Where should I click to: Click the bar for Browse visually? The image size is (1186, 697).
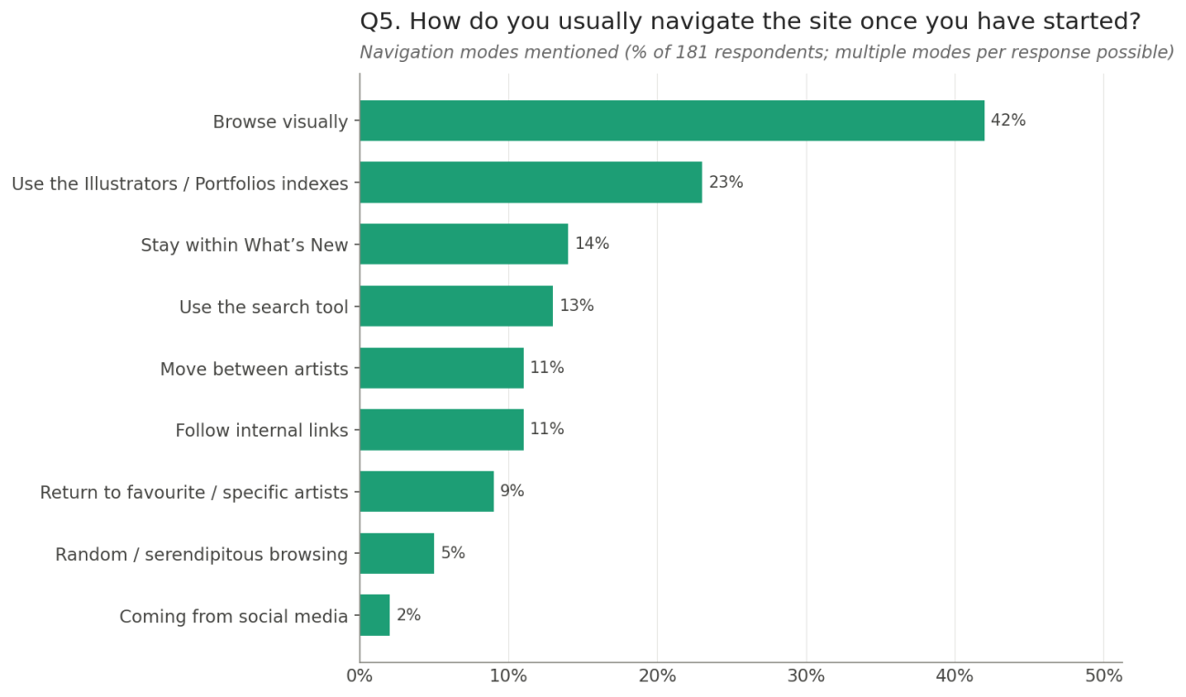(671, 120)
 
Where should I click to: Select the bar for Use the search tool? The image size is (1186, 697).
(456, 307)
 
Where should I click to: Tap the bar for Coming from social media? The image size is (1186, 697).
(375, 615)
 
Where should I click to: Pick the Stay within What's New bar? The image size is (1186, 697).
(463, 244)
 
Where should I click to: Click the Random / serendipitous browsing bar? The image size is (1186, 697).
(397, 554)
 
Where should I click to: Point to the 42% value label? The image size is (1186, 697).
(1008, 120)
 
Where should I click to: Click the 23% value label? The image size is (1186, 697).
(726, 182)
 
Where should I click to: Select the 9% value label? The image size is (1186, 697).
(512, 491)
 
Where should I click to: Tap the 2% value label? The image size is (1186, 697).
(408, 615)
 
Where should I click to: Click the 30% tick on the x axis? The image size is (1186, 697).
(806, 676)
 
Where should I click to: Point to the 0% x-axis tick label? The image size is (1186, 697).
(359, 676)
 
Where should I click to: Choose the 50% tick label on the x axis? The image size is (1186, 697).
(1103, 676)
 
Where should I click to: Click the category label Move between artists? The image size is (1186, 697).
(255, 369)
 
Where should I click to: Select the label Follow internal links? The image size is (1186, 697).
(262, 430)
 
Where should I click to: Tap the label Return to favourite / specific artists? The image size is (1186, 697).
(193, 493)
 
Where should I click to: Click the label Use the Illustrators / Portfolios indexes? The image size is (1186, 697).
(180, 183)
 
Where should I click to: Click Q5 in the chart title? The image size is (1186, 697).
(380, 22)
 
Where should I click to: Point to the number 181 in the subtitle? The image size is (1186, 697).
(692, 52)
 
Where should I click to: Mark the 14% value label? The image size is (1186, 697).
(592, 244)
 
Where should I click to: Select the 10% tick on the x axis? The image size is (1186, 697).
(508, 676)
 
